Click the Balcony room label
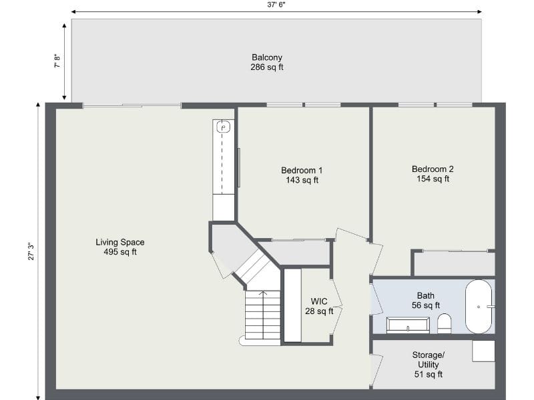coord(267,57)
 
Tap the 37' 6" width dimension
coord(276,4)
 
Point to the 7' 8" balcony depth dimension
coord(57,61)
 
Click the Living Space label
coord(120,242)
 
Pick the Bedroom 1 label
coord(302,170)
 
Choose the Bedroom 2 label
coord(433,169)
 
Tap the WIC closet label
coord(318,301)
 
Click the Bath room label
coord(425,295)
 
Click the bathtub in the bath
coord(479,306)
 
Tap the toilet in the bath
coord(445,324)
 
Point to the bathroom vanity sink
coord(408,326)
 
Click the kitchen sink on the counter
coord(224,127)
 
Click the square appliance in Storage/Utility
coord(483,351)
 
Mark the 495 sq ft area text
coord(120,252)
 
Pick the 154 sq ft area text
coord(433,179)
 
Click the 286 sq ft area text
coord(267,67)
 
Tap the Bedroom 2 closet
coord(454,263)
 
